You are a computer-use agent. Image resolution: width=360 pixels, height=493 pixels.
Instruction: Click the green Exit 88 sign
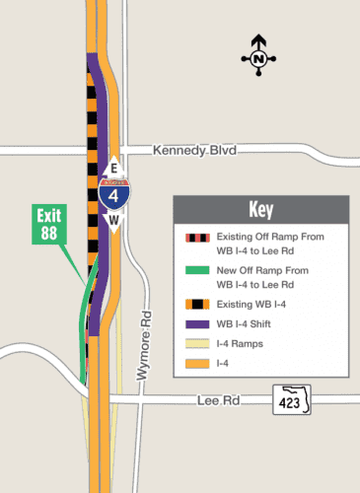tap(48, 223)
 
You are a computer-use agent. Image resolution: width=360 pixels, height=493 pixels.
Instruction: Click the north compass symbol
tap(259, 54)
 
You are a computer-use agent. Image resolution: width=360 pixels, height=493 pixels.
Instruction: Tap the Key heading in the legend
tap(260, 210)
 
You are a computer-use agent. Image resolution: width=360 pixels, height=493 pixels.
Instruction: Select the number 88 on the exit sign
tap(48, 232)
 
